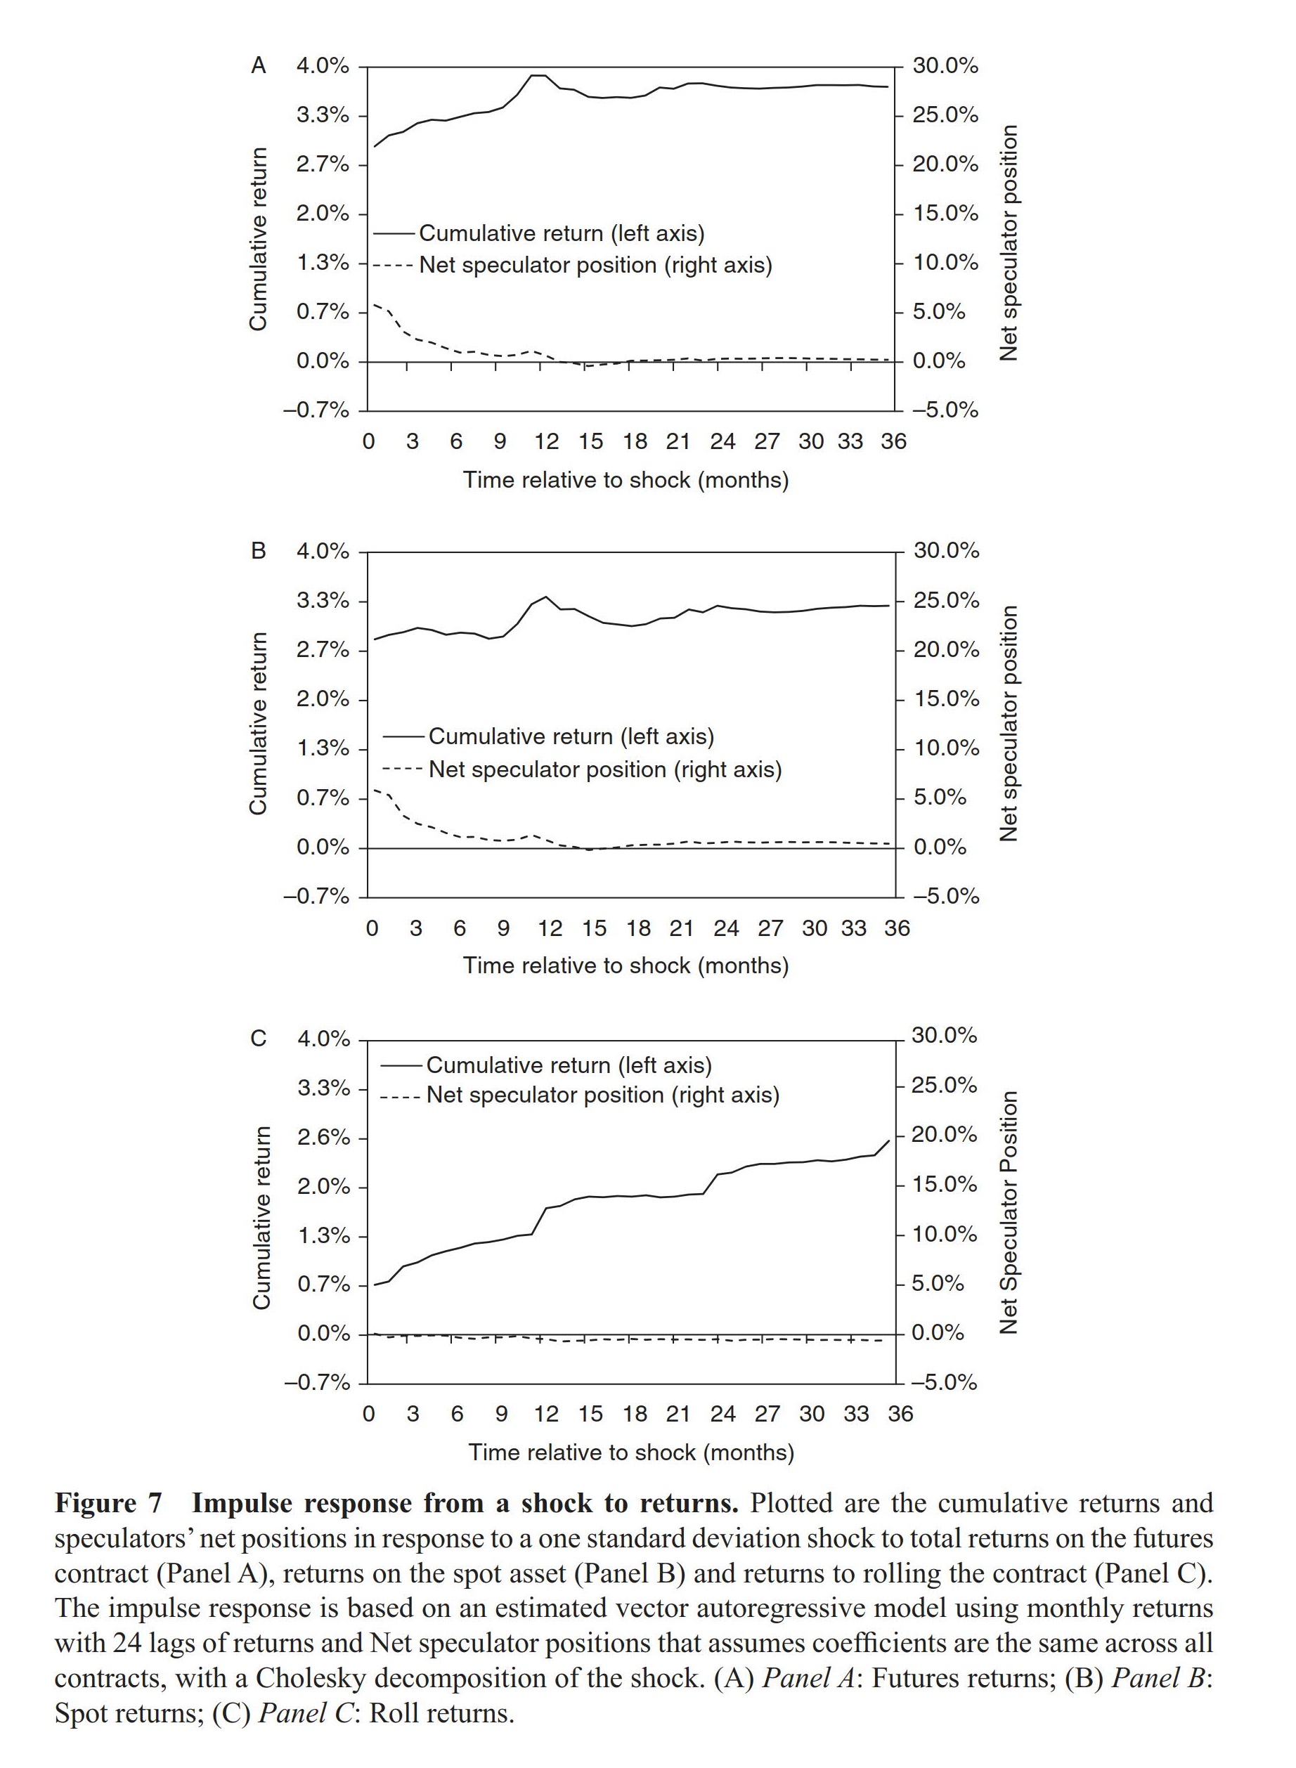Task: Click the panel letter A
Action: [x=258, y=66]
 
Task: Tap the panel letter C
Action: [x=258, y=1039]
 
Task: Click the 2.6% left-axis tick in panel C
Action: [x=323, y=1138]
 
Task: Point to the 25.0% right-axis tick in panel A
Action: [x=945, y=115]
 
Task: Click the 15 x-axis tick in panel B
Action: [x=594, y=929]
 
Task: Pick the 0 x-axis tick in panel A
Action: [x=369, y=441]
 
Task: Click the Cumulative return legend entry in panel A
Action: [x=561, y=233]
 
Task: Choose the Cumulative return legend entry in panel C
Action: [x=569, y=1065]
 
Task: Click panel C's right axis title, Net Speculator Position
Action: [x=1009, y=1212]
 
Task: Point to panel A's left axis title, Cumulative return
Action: [x=258, y=239]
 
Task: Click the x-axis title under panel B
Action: [x=626, y=966]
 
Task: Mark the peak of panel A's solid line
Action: [x=538, y=75]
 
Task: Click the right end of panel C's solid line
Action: [x=889, y=1140]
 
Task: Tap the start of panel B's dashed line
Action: [x=375, y=789]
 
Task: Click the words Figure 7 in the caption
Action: [x=108, y=1503]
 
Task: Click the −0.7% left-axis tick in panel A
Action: [x=316, y=410]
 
